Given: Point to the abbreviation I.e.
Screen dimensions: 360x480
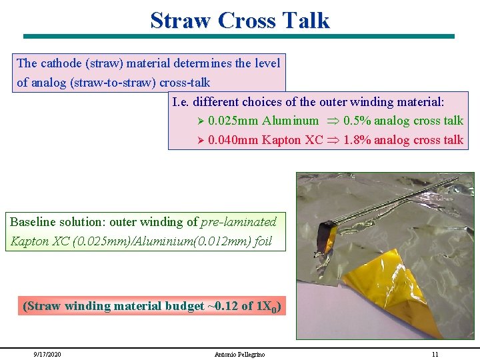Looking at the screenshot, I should coord(182,102).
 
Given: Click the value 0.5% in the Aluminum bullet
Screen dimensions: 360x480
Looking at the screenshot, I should coord(357,121).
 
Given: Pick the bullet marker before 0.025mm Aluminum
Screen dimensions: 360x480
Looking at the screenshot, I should coord(203,121).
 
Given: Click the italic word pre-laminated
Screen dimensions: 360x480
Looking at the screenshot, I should coord(238,222).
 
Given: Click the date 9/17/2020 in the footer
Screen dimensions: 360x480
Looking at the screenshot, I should coord(47,354).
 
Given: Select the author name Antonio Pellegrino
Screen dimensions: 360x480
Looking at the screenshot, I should coord(239,354).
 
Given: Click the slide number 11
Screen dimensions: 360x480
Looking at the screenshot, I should coord(435,354).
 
